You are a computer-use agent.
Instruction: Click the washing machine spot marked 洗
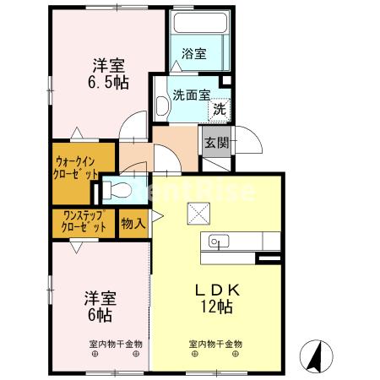click(x=219, y=109)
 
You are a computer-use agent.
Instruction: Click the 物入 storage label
click(x=133, y=224)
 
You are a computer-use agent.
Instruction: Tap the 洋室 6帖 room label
click(x=99, y=306)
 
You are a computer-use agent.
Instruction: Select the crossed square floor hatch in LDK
click(x=198, y=214)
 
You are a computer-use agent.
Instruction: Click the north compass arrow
click(x=314, y=356)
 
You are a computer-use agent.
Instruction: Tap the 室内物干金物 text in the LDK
click(x=215, y=345)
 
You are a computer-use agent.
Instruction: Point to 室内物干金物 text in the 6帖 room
click(x=116, y=345)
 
